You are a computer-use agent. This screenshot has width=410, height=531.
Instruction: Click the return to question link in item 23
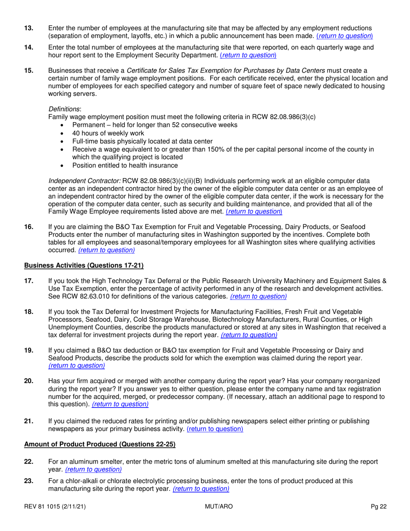pos(201,489)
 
